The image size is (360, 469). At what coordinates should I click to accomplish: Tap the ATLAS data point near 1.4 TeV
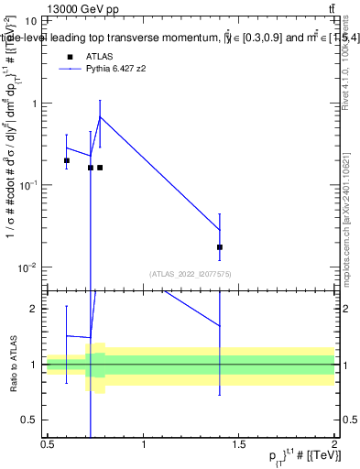[220, 247]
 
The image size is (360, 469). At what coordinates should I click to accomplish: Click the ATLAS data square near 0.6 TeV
[67, 160]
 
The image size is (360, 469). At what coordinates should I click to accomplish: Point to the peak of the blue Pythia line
[100, 116]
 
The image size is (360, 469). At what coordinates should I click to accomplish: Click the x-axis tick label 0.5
[48, 445]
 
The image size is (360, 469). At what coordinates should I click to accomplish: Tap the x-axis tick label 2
[334, 445]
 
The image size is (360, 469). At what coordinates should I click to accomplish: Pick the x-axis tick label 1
[144, 445]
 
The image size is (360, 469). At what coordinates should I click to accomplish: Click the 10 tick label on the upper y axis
[30, 20]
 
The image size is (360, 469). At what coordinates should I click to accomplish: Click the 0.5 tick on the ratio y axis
[32, 420]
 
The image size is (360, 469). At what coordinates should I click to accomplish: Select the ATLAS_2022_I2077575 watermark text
[189, 274]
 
